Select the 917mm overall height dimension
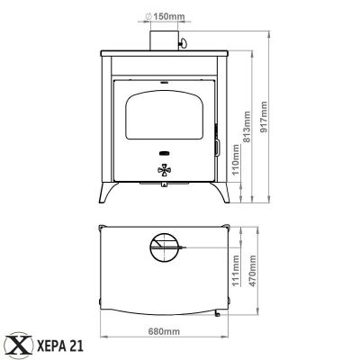[264, 117]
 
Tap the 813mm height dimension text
[247, 127]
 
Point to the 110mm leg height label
[237, 159]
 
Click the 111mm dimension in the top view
[237, 271]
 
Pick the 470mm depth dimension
[253, 271]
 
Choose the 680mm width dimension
[164, 331]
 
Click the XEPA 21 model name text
[60, 346]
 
